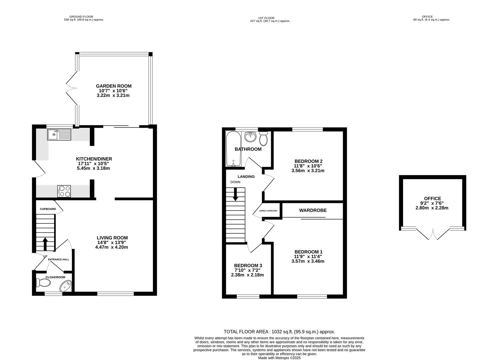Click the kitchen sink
59,135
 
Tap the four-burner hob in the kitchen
64,191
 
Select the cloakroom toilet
43,283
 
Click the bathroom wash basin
250,136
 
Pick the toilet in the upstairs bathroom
263,139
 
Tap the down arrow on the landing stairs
236,194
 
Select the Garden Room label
114,86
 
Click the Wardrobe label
312,210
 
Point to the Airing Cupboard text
268,211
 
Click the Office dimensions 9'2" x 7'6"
432,203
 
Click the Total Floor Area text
279,332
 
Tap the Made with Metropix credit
279,358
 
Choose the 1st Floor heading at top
266,18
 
